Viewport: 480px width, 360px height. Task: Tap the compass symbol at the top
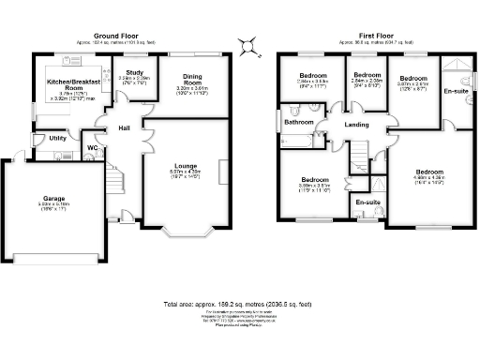(x=247, y=45)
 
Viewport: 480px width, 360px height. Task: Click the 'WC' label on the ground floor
(x=92, y=147)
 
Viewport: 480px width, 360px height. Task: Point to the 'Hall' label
(x=124, y=127)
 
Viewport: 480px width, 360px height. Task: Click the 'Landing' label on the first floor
(x=355, y=125)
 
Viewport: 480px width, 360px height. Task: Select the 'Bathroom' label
(x=299, y=122)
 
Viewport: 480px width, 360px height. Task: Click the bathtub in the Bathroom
(x=297, y=141)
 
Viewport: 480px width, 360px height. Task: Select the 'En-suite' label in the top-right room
(x=457, y=91)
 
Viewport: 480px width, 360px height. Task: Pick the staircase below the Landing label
(x=360, y=154)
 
